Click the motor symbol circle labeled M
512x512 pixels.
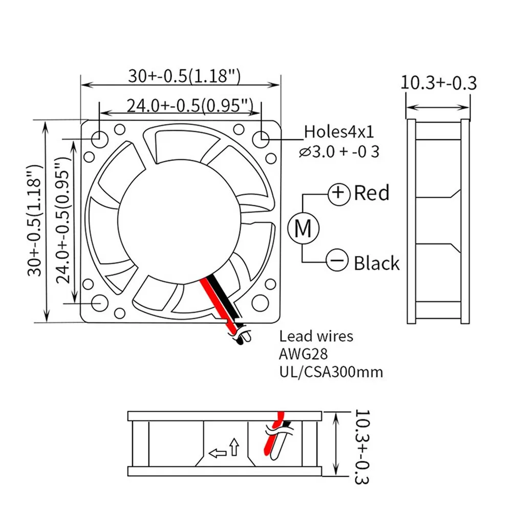tap(303, 228)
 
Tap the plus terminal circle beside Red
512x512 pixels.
tap(338, 194)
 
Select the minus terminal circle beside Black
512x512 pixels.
tap(337, 262)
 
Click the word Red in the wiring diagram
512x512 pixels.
tap(372, 193)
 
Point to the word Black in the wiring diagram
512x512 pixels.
tap(376, 263)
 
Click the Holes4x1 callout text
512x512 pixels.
tap(339, 132)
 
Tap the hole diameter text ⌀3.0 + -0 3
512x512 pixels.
tap(339, 152)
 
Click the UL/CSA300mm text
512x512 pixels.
tap(331, 371)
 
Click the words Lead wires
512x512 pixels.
tap(316, 336)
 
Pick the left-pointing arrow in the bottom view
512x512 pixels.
tap(218, 452)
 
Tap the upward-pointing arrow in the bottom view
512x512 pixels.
tap(234, 446)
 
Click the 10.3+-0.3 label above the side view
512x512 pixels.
tap(438, 83)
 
